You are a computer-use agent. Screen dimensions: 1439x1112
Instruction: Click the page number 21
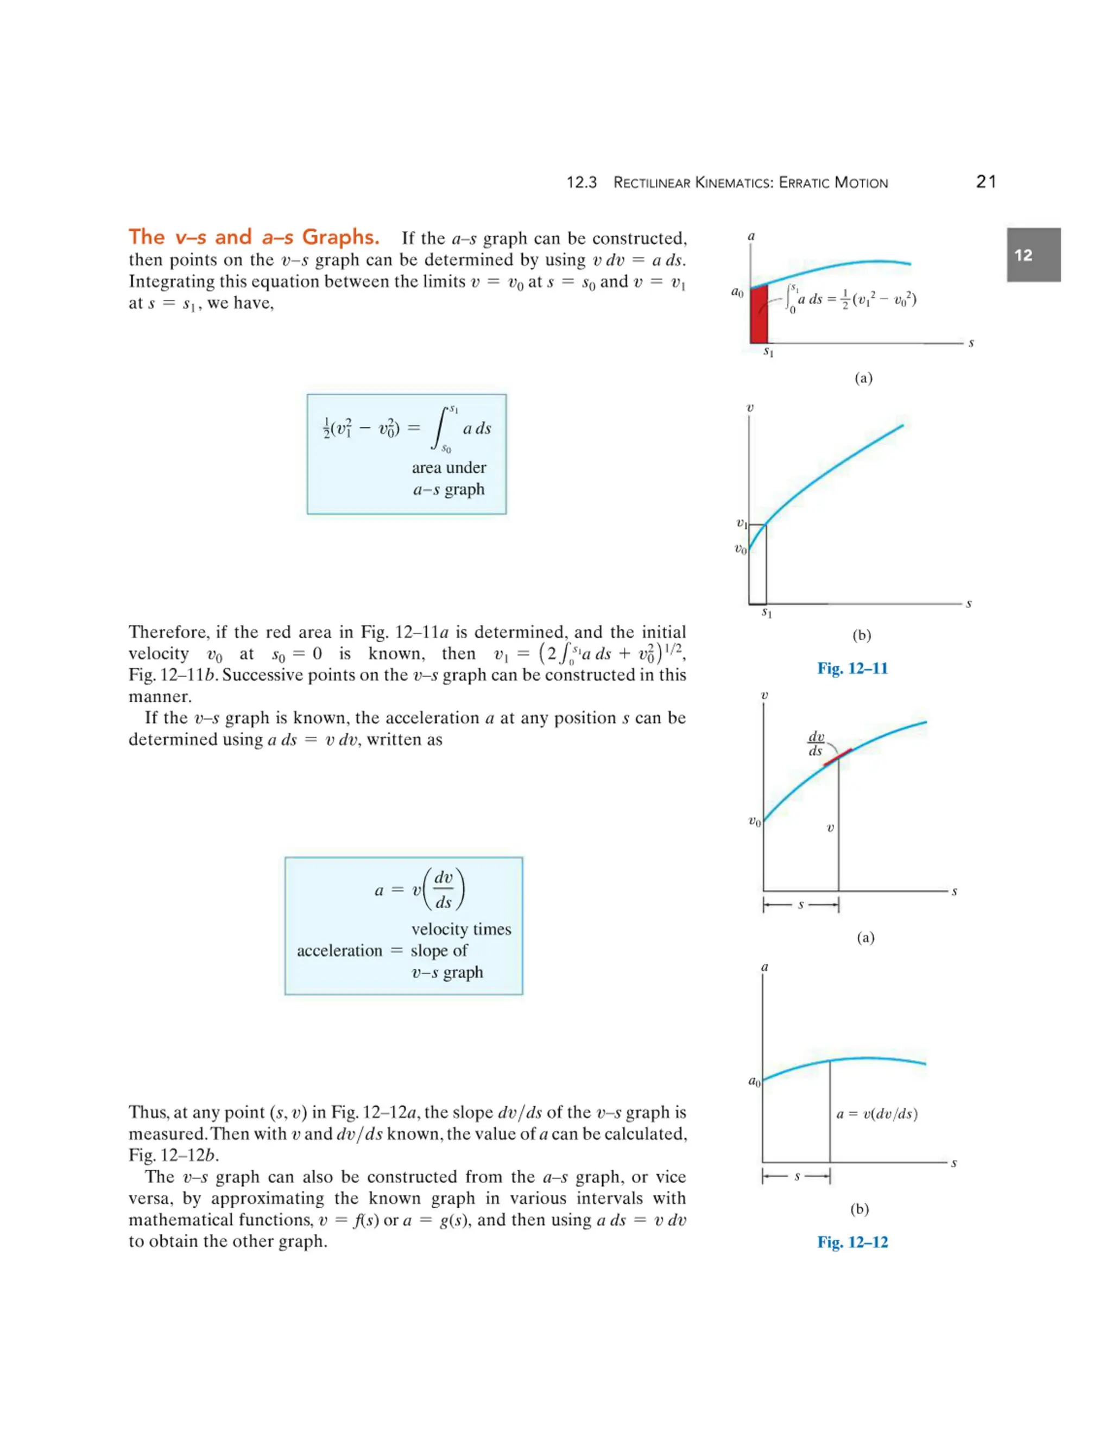[985, 182]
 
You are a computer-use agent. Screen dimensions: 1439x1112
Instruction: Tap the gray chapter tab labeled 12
[1033, 255]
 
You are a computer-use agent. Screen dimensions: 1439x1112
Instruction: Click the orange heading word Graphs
[340, 237]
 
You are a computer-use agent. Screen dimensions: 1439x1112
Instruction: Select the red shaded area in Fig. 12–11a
[758, 315]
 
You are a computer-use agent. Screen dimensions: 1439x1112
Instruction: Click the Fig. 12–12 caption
[852, 1242]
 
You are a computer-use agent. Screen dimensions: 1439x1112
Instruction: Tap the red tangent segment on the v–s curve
[837, 757]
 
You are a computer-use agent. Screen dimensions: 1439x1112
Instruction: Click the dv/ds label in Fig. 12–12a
[816, 744]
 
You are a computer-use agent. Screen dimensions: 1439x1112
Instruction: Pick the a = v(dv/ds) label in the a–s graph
[877, 1114]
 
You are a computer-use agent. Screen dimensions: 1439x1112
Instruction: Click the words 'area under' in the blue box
[448, 468]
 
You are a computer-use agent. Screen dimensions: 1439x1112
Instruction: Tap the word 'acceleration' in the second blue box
[339, 951]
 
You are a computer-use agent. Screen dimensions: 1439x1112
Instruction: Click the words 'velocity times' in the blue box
[461, 929]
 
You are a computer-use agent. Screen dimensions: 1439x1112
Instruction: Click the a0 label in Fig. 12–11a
[737, 291]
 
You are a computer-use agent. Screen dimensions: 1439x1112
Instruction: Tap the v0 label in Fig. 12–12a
[754, 821]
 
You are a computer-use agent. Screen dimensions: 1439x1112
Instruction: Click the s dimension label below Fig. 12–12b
[797, 1176]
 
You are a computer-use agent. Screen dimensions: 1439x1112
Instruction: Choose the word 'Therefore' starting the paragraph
[168, 632]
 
